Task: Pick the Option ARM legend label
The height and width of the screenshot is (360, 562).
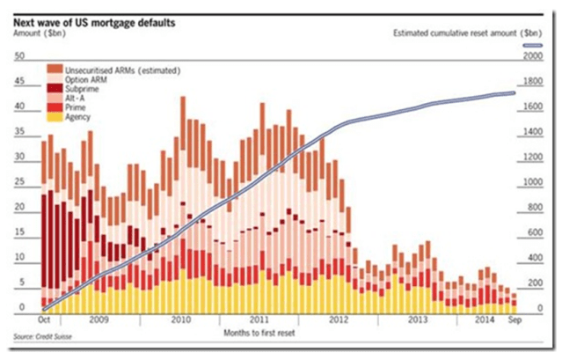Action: click(81, 79)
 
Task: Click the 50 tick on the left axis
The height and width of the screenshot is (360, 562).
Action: click(18, 55)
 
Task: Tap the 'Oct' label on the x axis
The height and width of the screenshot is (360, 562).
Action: click(43, 320)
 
